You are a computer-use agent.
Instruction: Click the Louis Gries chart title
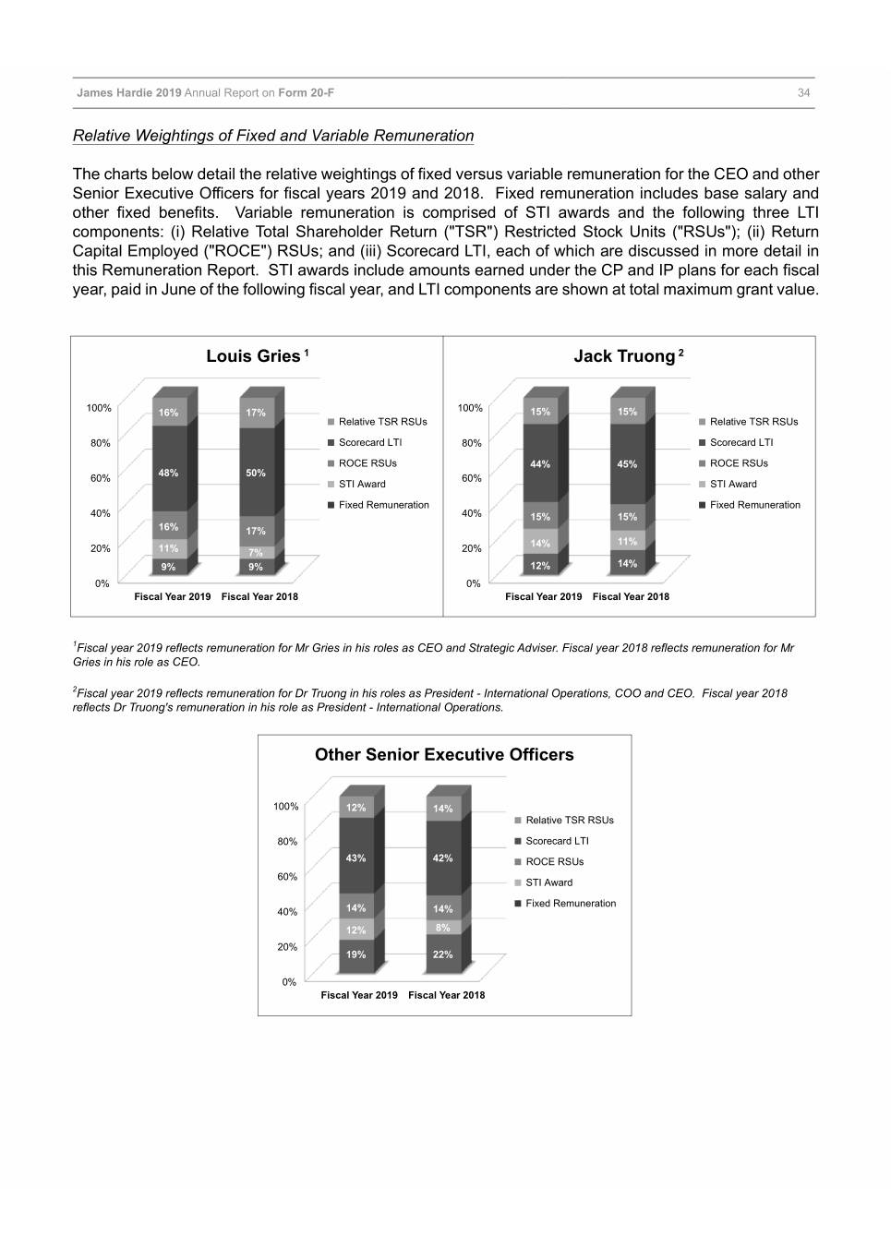[x=253, y=356]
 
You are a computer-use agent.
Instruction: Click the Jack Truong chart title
[x=625, y=356]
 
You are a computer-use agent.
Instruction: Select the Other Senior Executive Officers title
[x=444, y=755]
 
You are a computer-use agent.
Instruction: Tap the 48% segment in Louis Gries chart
[x=168, y=473]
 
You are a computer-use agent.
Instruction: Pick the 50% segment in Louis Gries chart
[x=256, y=473]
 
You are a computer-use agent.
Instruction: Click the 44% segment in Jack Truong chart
[x=540, y=464]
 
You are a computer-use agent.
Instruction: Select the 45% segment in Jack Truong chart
[x=627, y=464]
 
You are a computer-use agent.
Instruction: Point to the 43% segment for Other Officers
[x=355, y=858]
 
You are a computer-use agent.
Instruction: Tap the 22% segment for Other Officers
[x=443, y=954]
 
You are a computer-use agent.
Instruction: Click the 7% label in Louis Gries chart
[x=256, y=553]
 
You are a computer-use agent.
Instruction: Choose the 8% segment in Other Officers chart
[x=443, y=928]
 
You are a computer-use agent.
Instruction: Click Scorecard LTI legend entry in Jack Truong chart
[x=740, y=443]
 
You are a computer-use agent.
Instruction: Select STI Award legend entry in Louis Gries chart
[x=362, y=485]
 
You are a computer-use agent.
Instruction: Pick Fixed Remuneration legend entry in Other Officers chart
[x=570, y=904]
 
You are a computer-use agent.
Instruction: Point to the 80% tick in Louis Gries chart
[x=101, y=443]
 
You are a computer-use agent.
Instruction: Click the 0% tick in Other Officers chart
[x=289, y=982]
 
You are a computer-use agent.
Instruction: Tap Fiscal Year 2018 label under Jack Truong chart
[x=631, y=597]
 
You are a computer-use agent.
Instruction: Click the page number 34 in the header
[x=803, y=93]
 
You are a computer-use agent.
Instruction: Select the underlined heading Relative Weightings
[x=273, y=136]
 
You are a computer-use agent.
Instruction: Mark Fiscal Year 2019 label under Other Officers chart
[x=359, y=995]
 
